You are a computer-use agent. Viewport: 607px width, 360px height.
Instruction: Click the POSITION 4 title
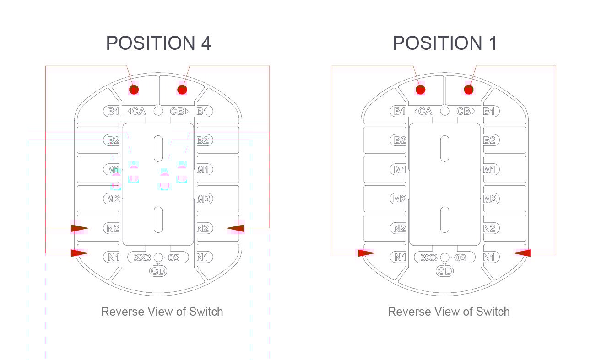click(158, 43)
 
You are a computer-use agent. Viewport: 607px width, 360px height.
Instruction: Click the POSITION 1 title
click(444, 43)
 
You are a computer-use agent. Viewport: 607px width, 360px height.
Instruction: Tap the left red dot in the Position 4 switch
click(134, 89)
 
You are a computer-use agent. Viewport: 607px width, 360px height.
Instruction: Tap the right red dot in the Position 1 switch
click(469, 89)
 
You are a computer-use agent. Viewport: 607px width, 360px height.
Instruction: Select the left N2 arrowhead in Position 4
click(80, 228)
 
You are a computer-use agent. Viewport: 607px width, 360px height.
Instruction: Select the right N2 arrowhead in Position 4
click(235, 228)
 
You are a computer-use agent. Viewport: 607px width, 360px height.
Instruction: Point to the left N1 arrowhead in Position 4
click(80, 253)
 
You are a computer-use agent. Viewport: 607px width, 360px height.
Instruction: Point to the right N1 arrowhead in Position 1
click(522, 253)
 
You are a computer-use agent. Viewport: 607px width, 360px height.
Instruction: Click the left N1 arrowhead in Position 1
click(366, 253)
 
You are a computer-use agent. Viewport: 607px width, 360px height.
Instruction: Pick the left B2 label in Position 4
click(113, 140)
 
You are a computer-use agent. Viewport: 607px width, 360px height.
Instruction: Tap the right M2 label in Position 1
click(490, 199)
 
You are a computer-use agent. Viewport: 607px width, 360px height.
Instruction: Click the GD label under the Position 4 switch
click(158, 271)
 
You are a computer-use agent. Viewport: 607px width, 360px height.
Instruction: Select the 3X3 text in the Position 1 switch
click(428, 258)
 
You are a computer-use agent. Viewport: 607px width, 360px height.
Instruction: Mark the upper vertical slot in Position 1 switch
click(444, 149)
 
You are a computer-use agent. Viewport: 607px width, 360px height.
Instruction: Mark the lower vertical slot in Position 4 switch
click(158, 220)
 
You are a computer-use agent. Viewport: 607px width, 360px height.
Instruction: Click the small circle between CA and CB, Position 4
click(158, 111)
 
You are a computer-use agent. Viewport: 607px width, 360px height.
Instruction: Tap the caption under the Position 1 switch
click(449, 312)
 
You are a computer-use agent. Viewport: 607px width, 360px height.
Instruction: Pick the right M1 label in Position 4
click(203, 170)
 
